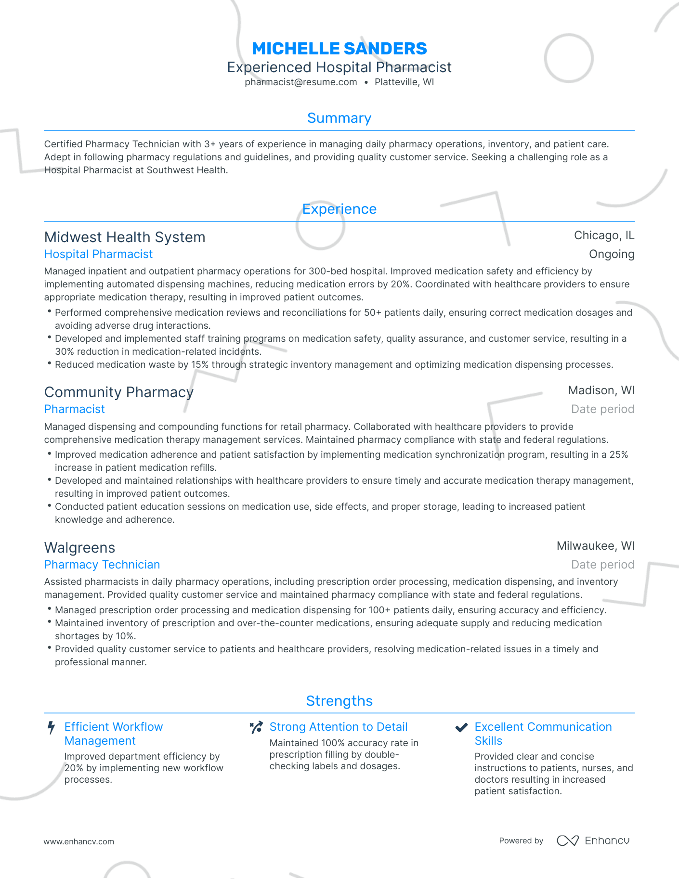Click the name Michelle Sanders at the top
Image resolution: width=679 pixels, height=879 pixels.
tap(339, 49)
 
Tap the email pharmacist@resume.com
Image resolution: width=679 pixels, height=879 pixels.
tap(300, 82)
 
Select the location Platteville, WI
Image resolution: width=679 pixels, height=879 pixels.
tap(404, 82)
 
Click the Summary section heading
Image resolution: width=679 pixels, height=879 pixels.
tap(339, 118)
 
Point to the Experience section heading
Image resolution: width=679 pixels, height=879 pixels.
tap(339, 209)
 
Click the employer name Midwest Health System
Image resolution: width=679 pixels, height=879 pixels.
tap(125, 237)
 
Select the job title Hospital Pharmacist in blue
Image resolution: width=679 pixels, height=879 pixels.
tap(98, 254)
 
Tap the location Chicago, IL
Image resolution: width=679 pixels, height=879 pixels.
tap(604, 235)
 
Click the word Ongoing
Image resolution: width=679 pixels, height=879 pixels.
tap(611, 254)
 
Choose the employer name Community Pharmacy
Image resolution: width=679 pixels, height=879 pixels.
tap(118, 392)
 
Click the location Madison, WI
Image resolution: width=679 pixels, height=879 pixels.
tap(601, 390)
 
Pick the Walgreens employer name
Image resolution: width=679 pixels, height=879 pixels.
tap(79, 548)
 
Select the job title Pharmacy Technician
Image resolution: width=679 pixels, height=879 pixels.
tap(102, 565)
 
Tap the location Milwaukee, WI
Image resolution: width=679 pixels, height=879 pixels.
tap(595, 546)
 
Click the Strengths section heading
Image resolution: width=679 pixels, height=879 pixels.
tap(339, 701)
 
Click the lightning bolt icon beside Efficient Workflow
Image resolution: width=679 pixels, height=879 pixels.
tap(51, 727)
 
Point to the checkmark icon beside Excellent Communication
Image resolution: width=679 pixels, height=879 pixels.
tap(461, 727)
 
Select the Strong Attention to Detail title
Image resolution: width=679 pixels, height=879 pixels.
tap(338, 727)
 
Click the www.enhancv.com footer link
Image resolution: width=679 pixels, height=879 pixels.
tap(79, 842)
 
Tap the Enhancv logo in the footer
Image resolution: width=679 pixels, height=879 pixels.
tap(593, 841)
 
